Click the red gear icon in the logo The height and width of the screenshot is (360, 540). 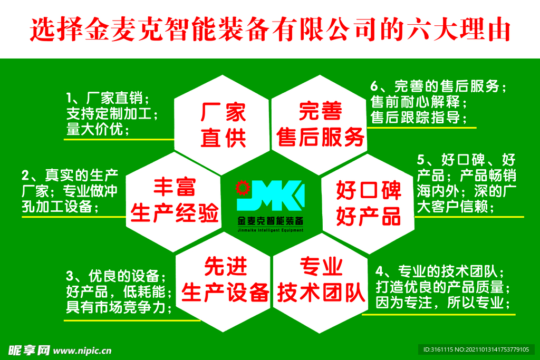[243, 188]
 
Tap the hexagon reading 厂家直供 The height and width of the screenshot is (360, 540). [222, 125]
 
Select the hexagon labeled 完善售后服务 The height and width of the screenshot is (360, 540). [319, 125]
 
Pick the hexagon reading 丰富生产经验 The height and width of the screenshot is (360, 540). [174, 202]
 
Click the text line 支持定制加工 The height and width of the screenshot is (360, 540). [112, 114]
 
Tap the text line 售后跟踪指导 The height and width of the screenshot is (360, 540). [418, 118]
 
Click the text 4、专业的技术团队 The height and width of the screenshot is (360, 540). [440, 271]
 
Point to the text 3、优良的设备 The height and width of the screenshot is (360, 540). [115, 276]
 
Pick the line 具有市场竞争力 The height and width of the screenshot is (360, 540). [119, 307]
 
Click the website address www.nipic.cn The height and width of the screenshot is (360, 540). [82, 351]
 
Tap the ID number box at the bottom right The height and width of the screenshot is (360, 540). [476, 349]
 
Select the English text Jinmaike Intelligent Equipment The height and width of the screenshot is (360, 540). [271, 230]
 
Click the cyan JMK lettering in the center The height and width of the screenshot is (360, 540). [271, 195]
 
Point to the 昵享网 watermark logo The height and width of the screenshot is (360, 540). [29, 351]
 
